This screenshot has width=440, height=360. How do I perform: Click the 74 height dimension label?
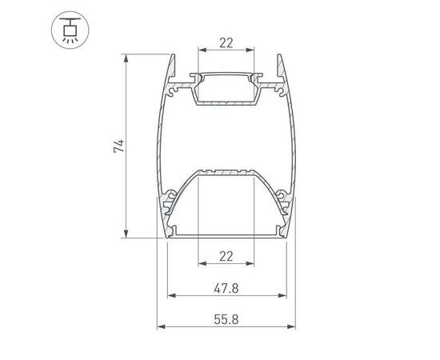coord(119,146)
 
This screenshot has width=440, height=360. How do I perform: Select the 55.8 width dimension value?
coord(226,319)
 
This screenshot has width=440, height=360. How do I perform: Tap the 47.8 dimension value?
coord(226,288)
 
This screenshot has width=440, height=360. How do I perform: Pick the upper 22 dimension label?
coord(226,43)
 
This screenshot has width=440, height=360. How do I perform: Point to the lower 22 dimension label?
coord(226,256)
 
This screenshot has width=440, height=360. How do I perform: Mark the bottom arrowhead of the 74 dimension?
coord(126,234)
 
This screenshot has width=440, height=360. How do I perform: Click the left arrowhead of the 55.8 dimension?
coord(161,326)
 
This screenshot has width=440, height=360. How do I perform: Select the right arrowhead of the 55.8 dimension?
coord(291,326)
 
